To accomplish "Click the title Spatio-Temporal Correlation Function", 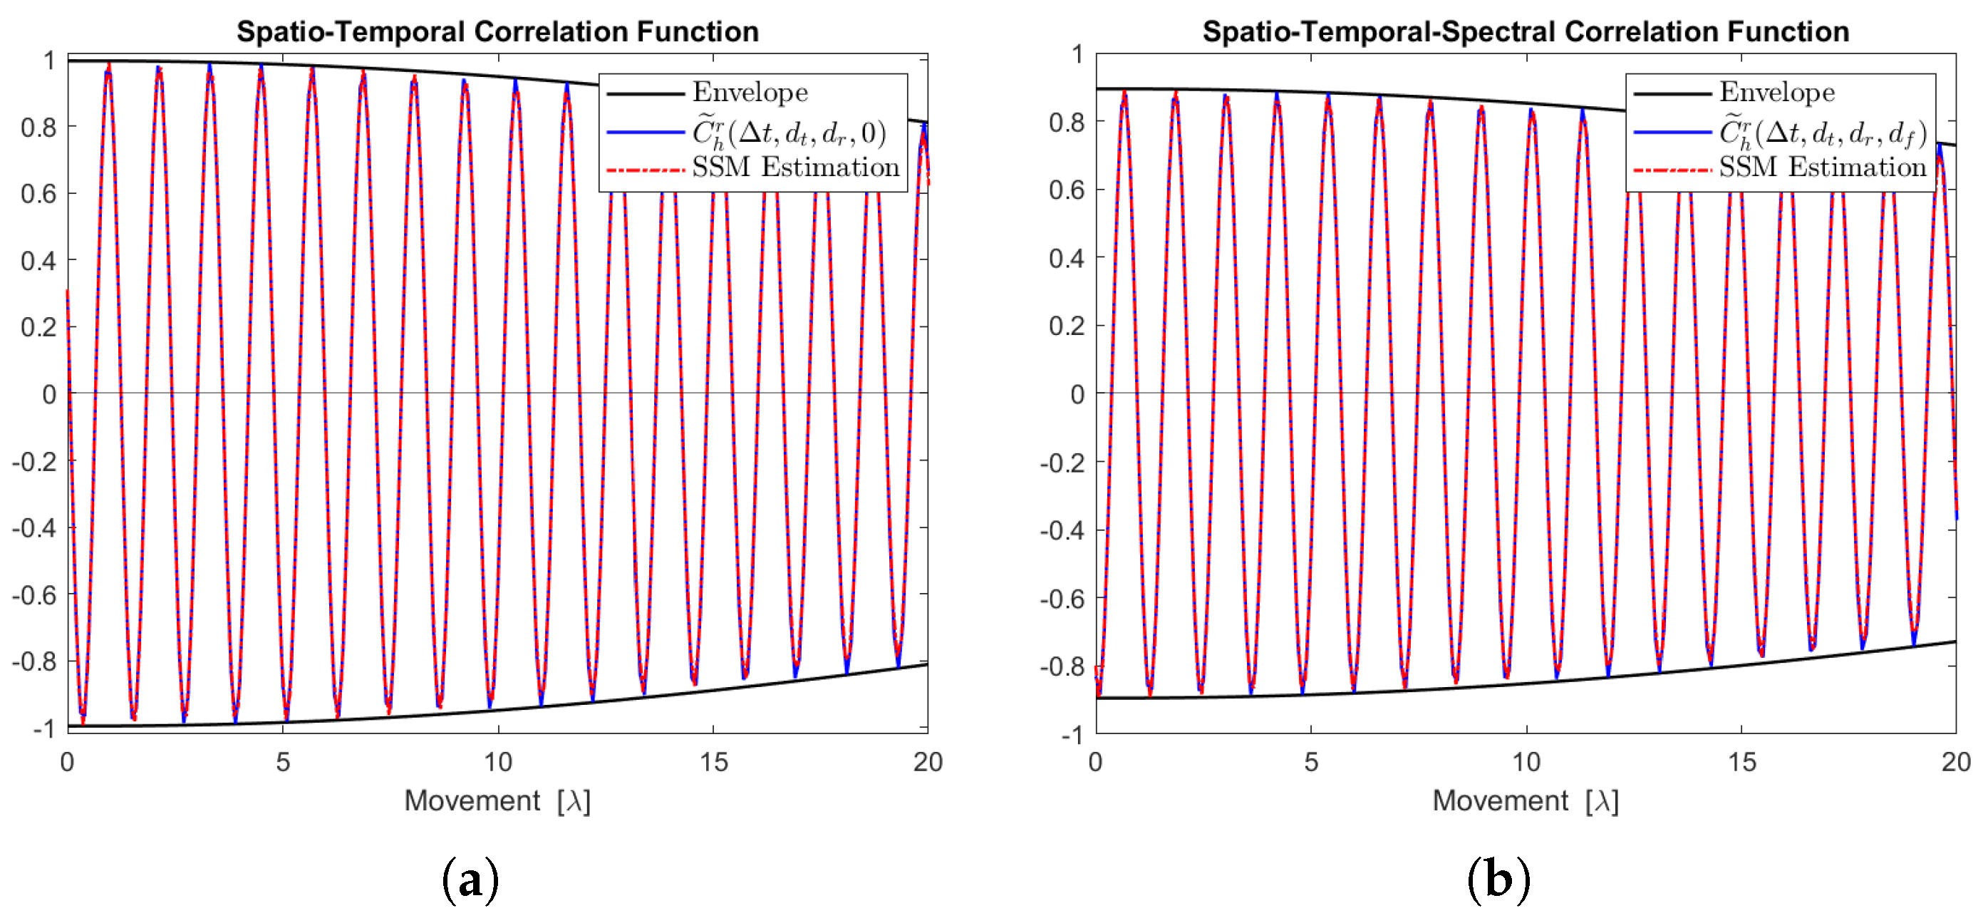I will click(x=497, y=31).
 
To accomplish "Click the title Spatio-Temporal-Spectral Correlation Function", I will click(x=1526, y=31).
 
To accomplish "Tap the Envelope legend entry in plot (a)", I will click(x=749, y=93).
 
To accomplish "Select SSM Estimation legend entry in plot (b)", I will click(x=1822, y=167).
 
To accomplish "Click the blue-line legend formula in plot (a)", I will click(x=788, y=132).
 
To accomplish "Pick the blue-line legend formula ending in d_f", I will click(x=1822, y=132).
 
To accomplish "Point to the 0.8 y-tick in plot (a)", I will click(x=38, y=127).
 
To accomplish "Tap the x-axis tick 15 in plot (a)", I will click(x=713, y=761).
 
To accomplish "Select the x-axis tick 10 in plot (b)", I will click(x=1526, y=761).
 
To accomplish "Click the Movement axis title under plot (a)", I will click(x=497, y=801).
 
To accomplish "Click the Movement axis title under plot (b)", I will click(x=1526, y=801).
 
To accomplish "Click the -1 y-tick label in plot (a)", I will click(x=44, y=728).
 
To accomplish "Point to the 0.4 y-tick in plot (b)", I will click(x=1067, y=258).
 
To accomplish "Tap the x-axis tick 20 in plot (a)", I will click(x=927, y=761).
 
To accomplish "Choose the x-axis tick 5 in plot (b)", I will click(x=1311, y=761).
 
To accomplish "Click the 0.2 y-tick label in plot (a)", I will click(x=38, y=327).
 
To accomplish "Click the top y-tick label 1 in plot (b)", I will click(x=1077, y=54).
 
